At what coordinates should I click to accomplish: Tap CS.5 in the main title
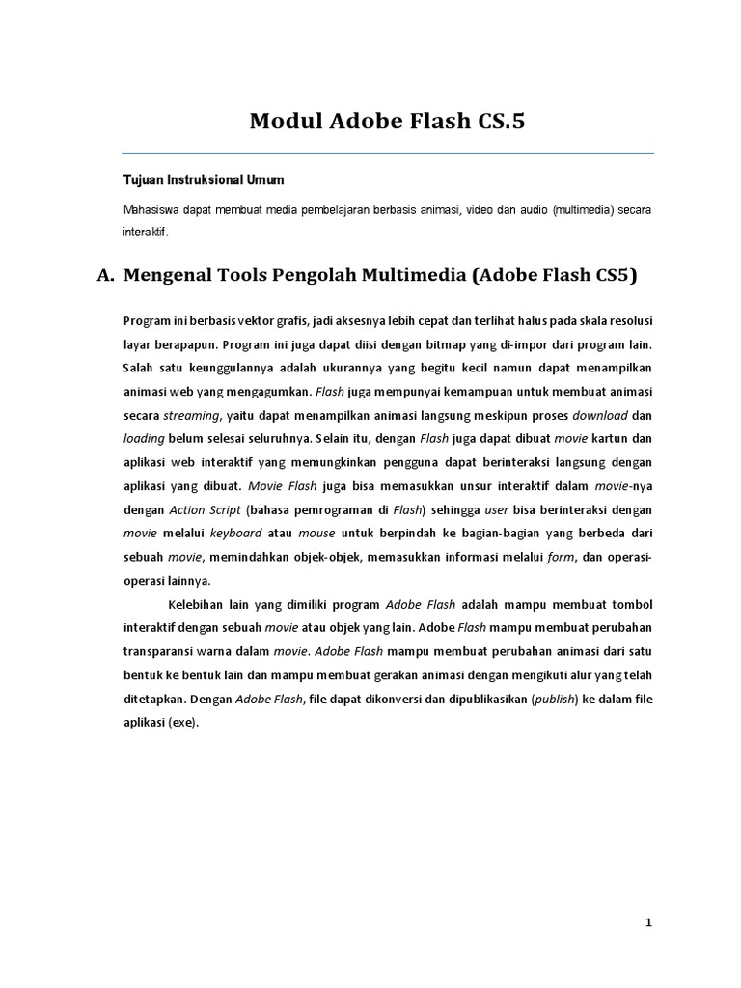[489, 123]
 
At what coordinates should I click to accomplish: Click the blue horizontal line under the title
[387, 153]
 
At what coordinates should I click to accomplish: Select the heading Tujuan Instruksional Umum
[203, 181]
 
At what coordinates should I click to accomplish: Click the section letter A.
[105, 276]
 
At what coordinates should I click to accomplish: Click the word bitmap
[416, 344]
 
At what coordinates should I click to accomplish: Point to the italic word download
[600, 415]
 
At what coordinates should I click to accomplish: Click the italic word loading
[144, 438]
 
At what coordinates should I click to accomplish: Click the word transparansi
[163, 651]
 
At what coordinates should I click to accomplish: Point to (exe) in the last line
[182, 722]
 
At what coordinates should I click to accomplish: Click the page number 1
[649, 922]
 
